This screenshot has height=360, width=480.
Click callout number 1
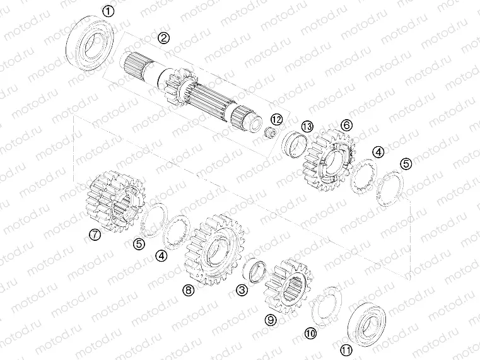pyautogui.click(x=109, y=11)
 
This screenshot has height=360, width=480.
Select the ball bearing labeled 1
pyautogui.click(x=91, y=42)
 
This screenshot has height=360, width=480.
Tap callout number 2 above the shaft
pyautogui.click(x=164, y=38)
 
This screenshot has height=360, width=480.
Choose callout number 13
pyautogui.click(x=307, y=127)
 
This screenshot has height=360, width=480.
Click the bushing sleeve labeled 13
pyautogui.click(x=294, y=144)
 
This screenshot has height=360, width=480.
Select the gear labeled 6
pyautogui.click(x=327, y=158)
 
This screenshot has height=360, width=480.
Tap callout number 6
pyautogui.click(x=346, y=125)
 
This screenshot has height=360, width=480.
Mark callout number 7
pyautogui.click(x=94, y=235)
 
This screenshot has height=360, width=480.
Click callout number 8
pyautogui.click(x=187, y=290)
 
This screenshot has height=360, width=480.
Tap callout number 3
pyautogui.click(x=242, y=289)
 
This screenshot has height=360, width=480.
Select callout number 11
pyautogui.click(x=346, y=351)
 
